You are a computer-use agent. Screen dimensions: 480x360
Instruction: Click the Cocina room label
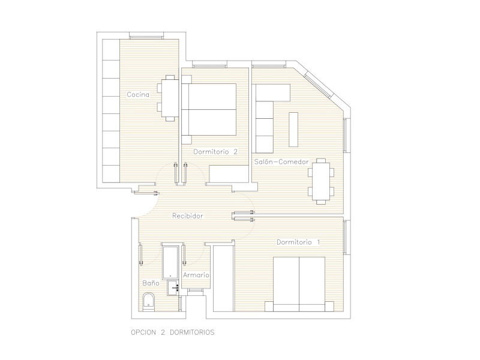point(138,95)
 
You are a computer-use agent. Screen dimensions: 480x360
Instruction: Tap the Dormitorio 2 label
point(215,152)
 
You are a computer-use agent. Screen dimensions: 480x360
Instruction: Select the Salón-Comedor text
point(281,161)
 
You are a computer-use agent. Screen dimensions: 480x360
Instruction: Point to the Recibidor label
point(188,216)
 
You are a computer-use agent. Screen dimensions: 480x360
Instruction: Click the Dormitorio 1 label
point(298,242)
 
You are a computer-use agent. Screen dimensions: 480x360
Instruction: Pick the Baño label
point(151,283)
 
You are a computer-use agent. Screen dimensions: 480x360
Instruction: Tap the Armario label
point(196,275)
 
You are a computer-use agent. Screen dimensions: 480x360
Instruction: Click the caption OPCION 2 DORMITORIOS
point(173,332)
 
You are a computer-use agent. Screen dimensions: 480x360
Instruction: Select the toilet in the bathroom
point(148,302)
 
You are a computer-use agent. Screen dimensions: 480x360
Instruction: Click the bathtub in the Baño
point(170,262)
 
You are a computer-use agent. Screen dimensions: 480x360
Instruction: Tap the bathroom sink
point(173,288)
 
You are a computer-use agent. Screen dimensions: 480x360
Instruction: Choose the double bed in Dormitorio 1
point(299,284)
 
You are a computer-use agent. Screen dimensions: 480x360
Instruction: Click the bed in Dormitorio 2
point(209,109)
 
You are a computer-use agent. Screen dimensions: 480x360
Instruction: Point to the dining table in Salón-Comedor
point(321,181)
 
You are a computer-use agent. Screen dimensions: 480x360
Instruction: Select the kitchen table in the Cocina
point(168,98)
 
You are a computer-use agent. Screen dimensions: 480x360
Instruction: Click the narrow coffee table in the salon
point(293,130)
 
